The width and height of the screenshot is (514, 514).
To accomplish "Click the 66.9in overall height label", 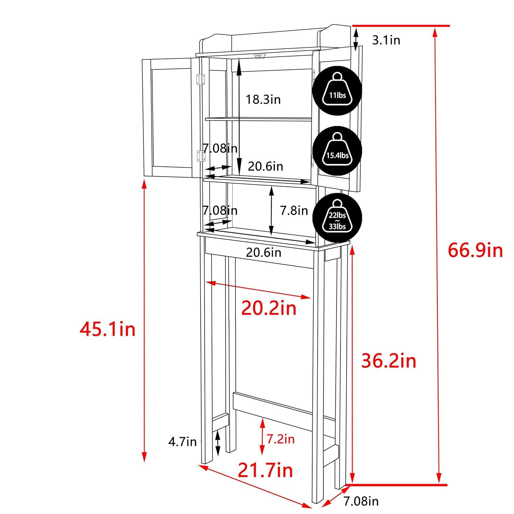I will point(475,250).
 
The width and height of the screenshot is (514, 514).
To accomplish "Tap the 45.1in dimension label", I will point(108,330).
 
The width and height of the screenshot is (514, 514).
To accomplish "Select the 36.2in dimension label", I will point(389,361).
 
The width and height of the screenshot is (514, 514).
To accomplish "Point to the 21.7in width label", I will point(265,470).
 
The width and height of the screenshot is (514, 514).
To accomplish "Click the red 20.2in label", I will point(269,308).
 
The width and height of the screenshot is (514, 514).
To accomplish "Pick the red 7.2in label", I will point(281,439).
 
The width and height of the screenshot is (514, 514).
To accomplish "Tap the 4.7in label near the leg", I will point(182,442).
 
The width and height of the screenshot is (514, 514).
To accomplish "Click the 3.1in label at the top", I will point(386,40).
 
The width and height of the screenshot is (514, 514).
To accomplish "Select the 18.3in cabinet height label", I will point(263,99).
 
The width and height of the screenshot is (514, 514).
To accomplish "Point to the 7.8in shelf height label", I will point(294,210).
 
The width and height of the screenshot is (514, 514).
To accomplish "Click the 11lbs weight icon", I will point(337,91).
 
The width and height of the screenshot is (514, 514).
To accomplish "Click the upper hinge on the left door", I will point(200,79).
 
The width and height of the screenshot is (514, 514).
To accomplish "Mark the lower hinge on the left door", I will point(200,156).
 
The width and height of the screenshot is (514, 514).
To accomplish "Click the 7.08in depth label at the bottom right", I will point(361,501).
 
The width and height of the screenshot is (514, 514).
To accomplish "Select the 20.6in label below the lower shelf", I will point(264,253).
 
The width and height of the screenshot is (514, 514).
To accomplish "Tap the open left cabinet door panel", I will point(170,117).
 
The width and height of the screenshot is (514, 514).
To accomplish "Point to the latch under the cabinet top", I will point(260,56).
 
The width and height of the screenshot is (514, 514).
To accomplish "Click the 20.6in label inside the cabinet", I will point(266,166).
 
